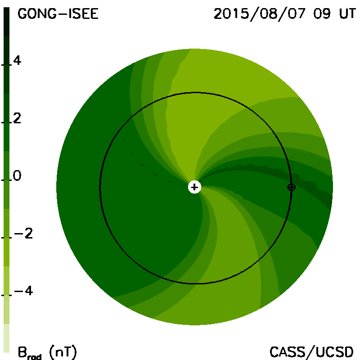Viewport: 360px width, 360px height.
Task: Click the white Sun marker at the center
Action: click(x=194, y=187)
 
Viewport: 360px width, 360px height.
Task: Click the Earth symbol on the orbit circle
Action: click(x=291, y=187)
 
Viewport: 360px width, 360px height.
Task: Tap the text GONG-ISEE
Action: click(x=58, y=14)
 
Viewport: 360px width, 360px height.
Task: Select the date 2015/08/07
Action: click(x=260, y=14)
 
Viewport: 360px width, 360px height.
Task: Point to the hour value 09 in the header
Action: click(x=322, y=14)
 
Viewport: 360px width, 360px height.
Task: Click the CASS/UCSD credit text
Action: click(x=311, y=352)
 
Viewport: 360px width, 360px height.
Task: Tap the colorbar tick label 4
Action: click(x=17, y=60)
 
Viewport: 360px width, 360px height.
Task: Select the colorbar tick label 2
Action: click(x=17, y=118)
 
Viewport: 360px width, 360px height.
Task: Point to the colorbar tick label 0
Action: click(x=17, y=175)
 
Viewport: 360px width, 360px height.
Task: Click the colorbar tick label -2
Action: click(x=23, y=234)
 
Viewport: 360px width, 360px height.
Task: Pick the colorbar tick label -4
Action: click(x=23, y=291)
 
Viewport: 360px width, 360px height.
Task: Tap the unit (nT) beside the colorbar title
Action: click(x=63, y=352)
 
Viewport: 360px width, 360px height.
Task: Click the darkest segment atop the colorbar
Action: click(x=6, y=22)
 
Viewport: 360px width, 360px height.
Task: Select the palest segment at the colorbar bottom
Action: click(x=6, y=338)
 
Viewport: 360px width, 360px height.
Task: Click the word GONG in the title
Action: click(x=37, y=14)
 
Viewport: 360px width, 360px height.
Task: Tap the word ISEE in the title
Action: click(x=84, y=14)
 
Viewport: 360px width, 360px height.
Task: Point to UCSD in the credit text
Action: click(x=334, y=352)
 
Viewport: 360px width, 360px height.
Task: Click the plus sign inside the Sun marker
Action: click(x=194, y=187)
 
